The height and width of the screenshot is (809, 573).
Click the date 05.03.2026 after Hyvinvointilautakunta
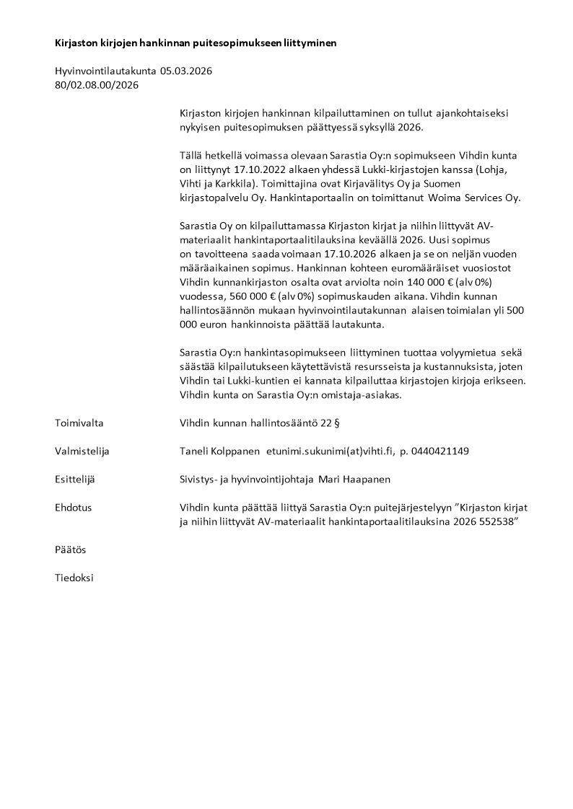[x=186, y=71]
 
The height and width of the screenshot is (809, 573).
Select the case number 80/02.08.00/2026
[x=97, y=85]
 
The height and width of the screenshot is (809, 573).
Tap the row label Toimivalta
[x=79, y=423]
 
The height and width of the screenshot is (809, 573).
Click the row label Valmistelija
[x=82, y=451]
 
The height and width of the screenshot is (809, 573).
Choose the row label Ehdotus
[x=73, y=508]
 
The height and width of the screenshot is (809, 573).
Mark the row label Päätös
[x=70, y=549]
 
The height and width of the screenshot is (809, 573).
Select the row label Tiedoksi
[x=74, y=578]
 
